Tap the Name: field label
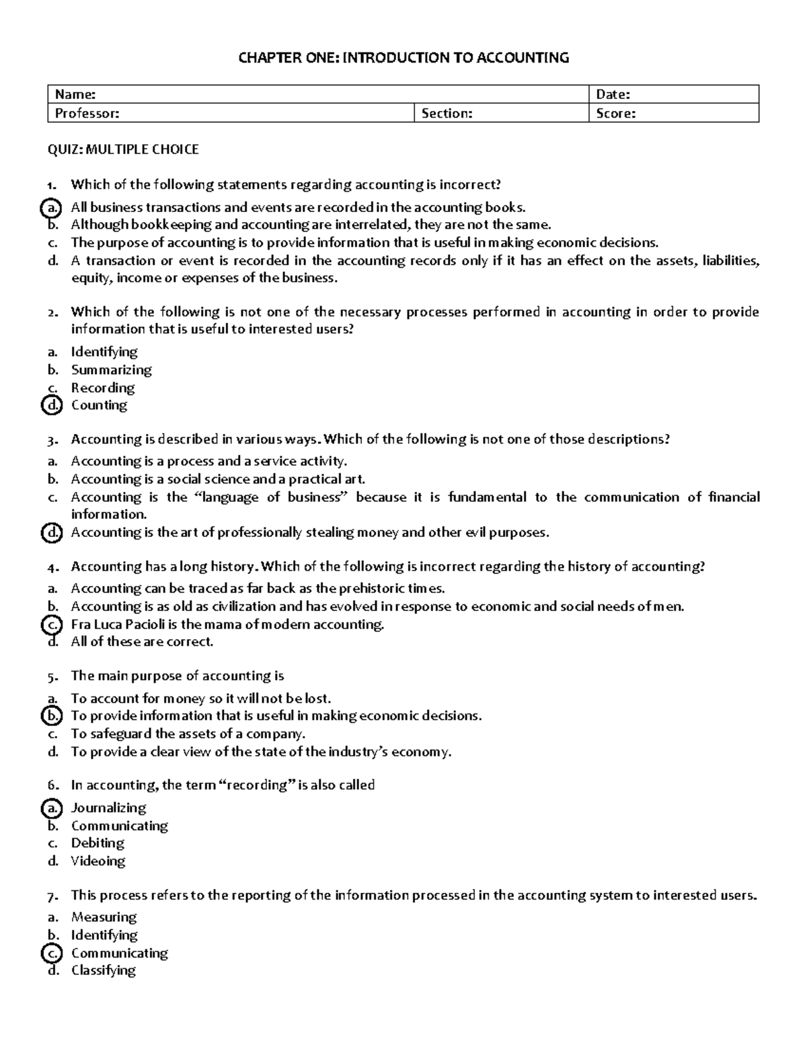coord(75,95)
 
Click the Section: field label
coord(447,114)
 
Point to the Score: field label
coord(615,114)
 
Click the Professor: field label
coord(87,114)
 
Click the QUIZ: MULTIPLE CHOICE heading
coord(122,149)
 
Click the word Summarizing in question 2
coord(112,369)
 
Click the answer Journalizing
coord(108,807)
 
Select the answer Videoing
coord(98,861)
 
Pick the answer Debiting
coord(98,843)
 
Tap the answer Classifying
coord(104,970)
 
